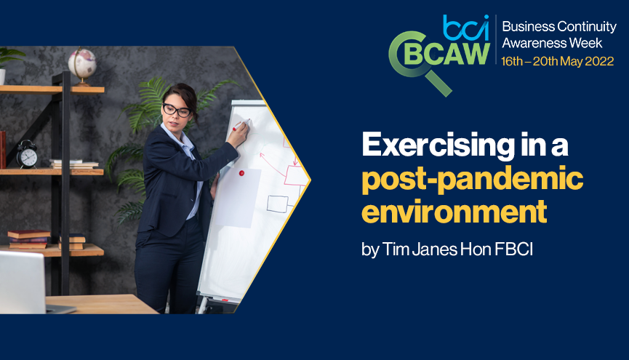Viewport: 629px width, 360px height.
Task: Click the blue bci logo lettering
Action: (465, 28)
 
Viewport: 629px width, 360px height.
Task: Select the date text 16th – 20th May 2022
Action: (557, 61)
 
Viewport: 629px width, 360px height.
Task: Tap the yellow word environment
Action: (454, 212)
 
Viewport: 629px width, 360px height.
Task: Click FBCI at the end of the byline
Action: (513, 249)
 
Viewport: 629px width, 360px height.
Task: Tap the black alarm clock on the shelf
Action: (27, 153)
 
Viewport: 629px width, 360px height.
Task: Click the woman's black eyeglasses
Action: (177, 110)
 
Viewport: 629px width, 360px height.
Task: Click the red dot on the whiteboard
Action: (241, 173)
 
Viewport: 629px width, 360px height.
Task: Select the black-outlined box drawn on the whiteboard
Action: (278, 204)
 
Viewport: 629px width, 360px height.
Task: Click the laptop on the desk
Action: (31, 283)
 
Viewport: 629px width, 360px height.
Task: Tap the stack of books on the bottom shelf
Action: (29, 239)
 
